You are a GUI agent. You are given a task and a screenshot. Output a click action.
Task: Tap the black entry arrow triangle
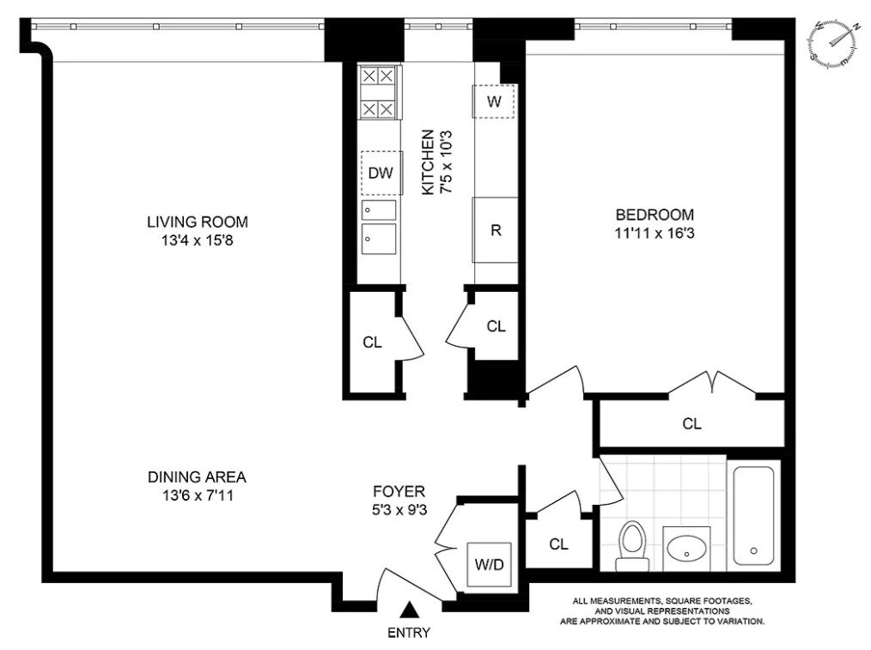coord(410,609)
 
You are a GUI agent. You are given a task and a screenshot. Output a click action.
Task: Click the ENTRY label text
coord(409,632)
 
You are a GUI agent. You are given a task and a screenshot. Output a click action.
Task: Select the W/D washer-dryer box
coord(489,564)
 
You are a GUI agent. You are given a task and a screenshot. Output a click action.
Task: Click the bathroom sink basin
coord(686,549)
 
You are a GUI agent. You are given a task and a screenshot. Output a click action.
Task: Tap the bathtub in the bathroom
coord(754,516)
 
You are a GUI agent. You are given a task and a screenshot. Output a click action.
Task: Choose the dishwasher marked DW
coord(381,173)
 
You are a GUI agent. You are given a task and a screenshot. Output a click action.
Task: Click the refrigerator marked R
coord(496,230)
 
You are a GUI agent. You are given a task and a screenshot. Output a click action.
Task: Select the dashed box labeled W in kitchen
coord(494,101)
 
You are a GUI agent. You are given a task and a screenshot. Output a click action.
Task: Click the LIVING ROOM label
coord(198,222)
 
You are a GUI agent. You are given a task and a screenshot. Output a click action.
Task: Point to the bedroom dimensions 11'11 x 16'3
coord(655,234)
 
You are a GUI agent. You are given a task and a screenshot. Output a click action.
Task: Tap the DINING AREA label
coord(198,477)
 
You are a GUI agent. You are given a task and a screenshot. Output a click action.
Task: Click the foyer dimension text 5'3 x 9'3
coord(399,509)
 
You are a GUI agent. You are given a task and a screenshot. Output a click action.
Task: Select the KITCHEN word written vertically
coord(428,162)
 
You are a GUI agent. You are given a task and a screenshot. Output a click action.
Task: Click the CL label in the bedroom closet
coord(691,424)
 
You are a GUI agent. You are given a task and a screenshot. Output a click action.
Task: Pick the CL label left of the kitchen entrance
coord(372,343)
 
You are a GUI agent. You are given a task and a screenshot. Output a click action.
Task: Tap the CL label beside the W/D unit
coord(558,544)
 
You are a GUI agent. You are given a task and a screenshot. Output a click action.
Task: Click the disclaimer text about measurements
coord(662,611)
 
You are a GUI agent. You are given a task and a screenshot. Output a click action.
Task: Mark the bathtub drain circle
coord(754,550)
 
